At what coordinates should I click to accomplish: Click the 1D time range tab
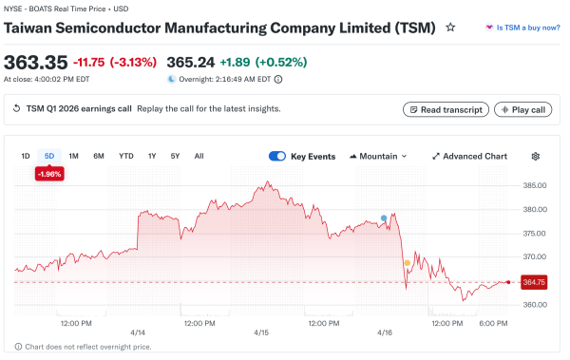26,156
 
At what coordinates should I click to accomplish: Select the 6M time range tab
99,156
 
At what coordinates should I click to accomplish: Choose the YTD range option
125,156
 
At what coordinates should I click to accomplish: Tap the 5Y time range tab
175,156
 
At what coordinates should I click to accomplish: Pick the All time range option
199,156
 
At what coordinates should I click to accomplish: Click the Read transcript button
446,109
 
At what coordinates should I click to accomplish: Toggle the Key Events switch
277,156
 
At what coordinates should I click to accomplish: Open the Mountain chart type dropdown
378,156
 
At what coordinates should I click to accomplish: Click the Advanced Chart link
469,156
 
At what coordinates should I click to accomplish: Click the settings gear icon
536,156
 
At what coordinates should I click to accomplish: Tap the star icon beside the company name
450,28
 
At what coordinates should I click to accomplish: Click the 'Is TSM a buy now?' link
522,28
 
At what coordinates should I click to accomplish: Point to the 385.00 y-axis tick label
534,185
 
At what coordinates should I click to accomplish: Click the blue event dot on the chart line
384,218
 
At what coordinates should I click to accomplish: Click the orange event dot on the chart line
407,263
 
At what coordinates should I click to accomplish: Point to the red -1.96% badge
48,174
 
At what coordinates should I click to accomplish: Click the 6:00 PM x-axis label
493,323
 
